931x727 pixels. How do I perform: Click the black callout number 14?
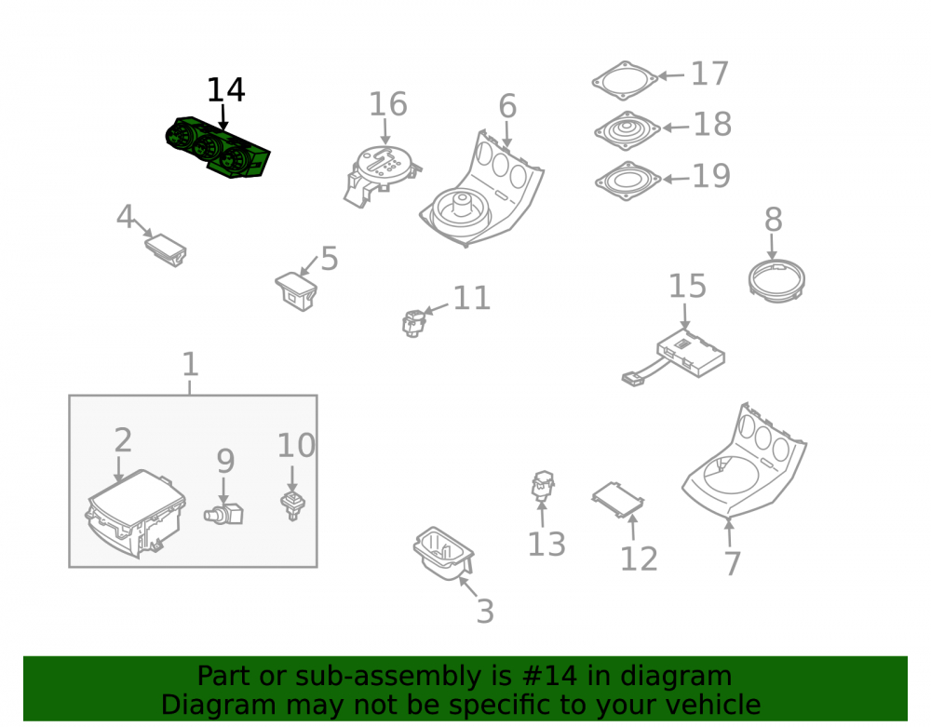click(x=225, y=90)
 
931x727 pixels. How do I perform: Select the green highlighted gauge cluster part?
click(x=217, y=147)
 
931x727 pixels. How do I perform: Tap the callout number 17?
click(x=709, y=74)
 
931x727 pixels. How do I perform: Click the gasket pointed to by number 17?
click(x=625, y=80)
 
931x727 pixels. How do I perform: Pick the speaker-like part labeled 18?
click(x=627, y=130)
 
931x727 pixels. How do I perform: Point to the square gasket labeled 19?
click(x=627, y=181)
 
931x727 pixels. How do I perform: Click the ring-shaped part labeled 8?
click(x=776, y=280)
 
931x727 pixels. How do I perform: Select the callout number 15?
click(x=688, y=286)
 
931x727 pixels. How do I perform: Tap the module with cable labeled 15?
click(x=673, y=357)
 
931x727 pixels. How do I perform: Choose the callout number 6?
click(x=507, y=106)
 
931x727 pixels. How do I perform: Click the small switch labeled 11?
click(x=413, y=323)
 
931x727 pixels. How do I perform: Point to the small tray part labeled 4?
click(x=166, y=249)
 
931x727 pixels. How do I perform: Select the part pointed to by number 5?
click(x=296, y=290)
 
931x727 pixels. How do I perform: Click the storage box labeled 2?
click(x=135, y=513)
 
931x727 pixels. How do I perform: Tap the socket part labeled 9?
click(x=223, y=513)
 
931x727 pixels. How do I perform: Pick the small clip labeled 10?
click(x=292, y=505)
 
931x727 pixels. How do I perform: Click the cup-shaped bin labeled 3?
click(x=443, y=553)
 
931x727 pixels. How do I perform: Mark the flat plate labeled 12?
click(x=617, y=500)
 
